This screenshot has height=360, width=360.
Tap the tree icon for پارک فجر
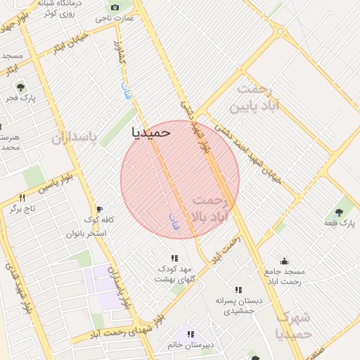tap(21, 87)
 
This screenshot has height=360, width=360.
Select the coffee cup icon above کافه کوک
tap(99, 209)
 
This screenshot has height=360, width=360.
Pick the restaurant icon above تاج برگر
tap(22, 198)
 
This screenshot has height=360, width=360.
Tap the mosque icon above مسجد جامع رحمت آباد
tap(284, 261)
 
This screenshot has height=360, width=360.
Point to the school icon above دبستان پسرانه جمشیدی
tap(238, 289)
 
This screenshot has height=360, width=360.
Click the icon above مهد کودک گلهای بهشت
tap(174, 258)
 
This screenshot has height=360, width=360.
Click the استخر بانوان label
tap(86, 233)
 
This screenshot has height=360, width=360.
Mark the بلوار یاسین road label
tap(56, 188)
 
